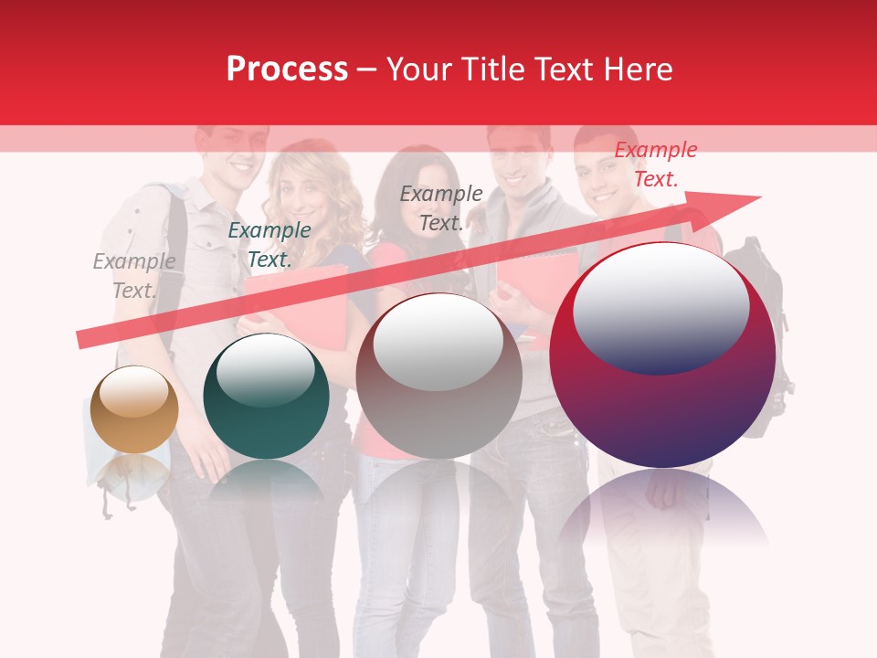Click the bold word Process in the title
coord(287,69)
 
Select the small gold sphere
coord(135,409)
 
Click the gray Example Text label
coord(134,276)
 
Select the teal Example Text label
coord(269,245)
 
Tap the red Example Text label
coord(656,164)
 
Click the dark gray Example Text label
coord(441,208)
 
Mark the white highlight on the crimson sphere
coord(660,306)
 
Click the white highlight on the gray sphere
coord(438,343)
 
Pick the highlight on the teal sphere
coord(265,369)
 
